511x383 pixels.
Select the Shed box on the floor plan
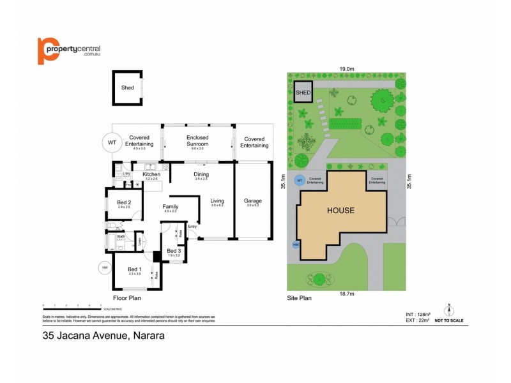(128, 87)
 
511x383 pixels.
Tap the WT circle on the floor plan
(112, 142)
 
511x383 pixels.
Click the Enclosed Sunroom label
(197, 140)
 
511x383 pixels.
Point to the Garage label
(253, 201)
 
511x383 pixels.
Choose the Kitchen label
(151, 174)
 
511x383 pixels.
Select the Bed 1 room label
(133, 269)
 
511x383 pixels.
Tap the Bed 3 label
(174, 251)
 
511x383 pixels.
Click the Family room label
(171, 207)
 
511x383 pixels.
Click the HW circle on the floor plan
(104, 268)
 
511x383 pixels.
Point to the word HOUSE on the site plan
(340, 210)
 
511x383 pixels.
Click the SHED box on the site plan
(303, 93)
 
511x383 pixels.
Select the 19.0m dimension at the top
(347, 68)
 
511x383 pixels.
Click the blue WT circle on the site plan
(298, 181)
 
